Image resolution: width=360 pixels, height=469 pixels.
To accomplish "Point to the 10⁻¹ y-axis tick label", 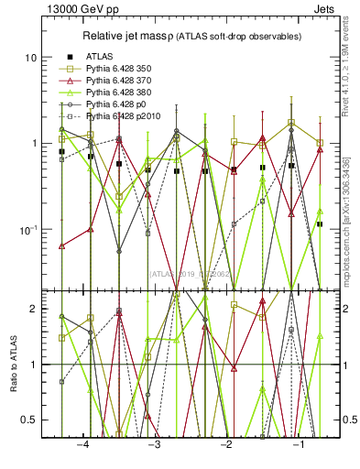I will click(26, 229).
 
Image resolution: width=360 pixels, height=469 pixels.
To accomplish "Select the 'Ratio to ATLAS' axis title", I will click(11, 364).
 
